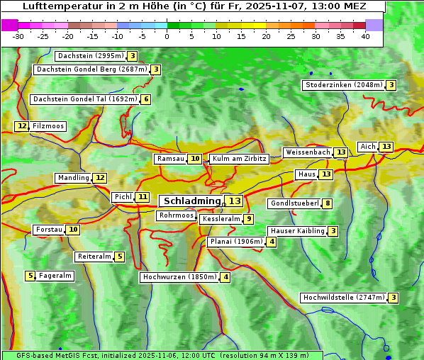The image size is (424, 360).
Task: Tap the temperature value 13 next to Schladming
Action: coord(234,201)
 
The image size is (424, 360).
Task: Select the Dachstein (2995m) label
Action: coord(90,56)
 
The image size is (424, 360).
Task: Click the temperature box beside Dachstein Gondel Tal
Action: coord(145,99)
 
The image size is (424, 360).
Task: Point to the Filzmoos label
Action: coord(48,126)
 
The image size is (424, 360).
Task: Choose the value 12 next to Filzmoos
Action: coord(22,126)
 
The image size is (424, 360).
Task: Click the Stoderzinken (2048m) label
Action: coord(343,85)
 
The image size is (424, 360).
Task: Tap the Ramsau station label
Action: coord(170,159)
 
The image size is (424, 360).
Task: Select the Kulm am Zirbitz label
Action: coord(239,159)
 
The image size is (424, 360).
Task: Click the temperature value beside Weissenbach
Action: coord(341,152)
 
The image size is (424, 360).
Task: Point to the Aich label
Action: coord(368,147)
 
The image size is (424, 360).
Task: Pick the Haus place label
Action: coord(306,174)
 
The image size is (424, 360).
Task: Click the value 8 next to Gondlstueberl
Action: coord(327,203)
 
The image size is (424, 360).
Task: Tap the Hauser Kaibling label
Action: coord(297,231)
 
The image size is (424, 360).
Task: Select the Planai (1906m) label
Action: coord(236,242)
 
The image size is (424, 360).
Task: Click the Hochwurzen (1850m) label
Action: coord(179,277)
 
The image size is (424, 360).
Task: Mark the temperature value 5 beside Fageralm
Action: coord(30,276)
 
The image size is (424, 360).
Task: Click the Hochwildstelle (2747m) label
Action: coord(343,298)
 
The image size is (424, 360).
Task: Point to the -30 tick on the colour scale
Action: coord(18,36)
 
